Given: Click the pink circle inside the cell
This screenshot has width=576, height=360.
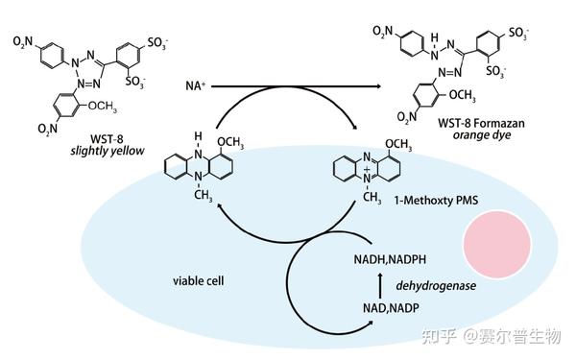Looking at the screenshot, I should click(x=497, y=240).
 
